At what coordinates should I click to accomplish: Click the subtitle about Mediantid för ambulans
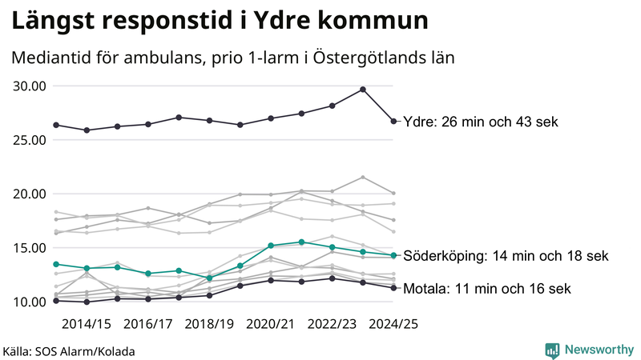point(233,58)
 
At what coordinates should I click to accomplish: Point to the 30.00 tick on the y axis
point(29,86)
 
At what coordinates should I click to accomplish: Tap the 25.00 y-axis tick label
point(29,140)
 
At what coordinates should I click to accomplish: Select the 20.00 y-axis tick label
point(29,194)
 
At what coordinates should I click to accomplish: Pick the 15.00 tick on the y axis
point(29,248)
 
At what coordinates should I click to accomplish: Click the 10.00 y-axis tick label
point(29,302)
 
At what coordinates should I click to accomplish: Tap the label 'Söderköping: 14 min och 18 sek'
point(505,256)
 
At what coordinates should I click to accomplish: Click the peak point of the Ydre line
point(363,90)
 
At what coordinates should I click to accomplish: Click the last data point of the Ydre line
point(393,122)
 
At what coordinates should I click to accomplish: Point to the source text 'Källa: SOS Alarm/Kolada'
point(69,351)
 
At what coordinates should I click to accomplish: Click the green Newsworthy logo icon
point(552,350)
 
